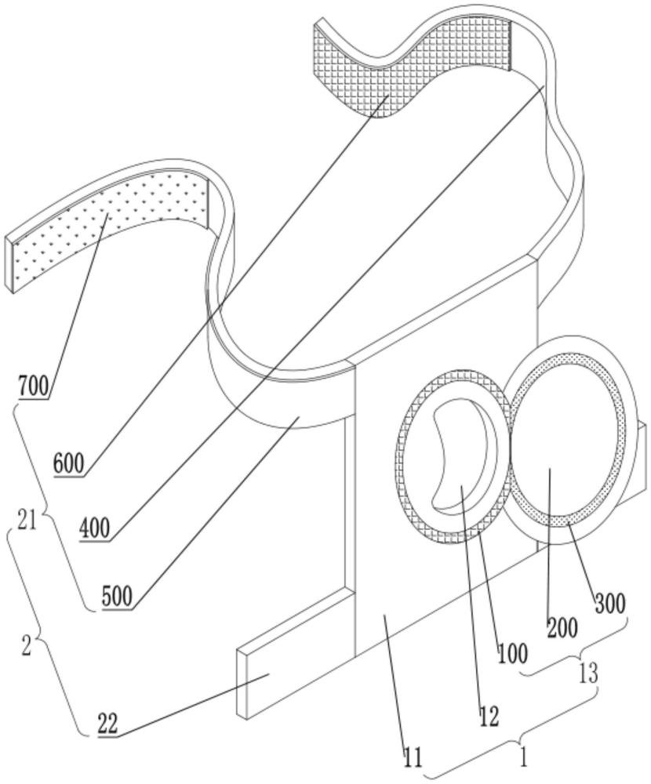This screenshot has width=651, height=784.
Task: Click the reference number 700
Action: coord(34,386)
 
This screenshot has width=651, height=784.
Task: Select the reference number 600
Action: coord(69,463)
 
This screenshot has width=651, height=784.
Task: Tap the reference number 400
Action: coord(95,528)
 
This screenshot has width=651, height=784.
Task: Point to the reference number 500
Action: coord(117,596)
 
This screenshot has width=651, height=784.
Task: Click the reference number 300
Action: coord(610,604)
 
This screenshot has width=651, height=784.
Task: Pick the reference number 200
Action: coord(562,627)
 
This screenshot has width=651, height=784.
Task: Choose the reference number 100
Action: coord(513,653)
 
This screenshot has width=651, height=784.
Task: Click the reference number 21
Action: coord(27,521)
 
